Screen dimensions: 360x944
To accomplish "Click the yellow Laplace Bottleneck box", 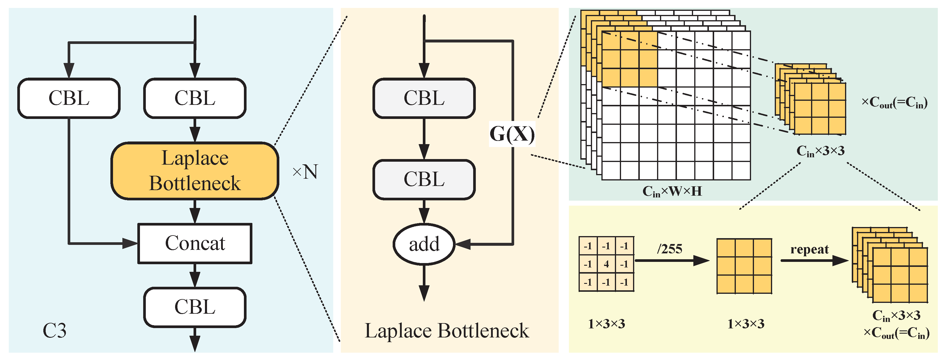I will tap(195, 171).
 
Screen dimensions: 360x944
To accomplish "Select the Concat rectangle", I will tap(195, 243).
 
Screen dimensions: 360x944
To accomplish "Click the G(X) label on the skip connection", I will tap(512, 134).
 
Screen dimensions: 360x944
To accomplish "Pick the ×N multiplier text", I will tap(305, 172).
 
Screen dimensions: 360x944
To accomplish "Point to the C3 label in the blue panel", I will tap(54, 331).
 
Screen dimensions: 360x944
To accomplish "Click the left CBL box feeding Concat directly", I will tap(69, 98).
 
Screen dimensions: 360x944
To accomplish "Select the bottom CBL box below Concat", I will tap(195, 307).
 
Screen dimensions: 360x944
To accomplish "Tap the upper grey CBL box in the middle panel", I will tap(424, 98).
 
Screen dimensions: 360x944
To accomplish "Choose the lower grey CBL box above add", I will tap(424, 180).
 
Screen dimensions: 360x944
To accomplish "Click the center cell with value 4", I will tap(606, 264).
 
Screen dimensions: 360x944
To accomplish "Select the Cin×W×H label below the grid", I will tap(672, 191).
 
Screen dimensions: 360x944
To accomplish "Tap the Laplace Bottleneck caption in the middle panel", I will tap(447, 331).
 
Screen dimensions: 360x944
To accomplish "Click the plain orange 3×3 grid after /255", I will tap(744, 266).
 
